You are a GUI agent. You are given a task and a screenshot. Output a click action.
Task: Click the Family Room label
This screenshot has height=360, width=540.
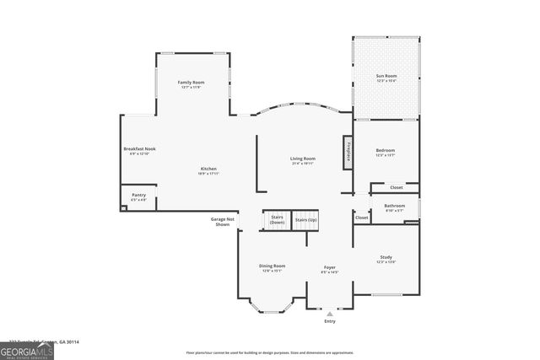[x=191, y=83]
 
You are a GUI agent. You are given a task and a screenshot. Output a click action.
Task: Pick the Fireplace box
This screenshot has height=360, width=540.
[x=347, y=151]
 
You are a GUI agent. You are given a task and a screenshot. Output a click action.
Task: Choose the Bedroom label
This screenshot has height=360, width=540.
[x=385, y=153]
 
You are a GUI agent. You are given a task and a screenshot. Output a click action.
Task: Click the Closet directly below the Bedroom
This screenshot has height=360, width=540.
[x=396, y=187]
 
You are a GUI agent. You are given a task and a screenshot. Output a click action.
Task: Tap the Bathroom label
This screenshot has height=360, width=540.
[x=394, y=207]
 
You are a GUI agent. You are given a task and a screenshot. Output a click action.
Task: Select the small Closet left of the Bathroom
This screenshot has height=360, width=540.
[x=361, y=218]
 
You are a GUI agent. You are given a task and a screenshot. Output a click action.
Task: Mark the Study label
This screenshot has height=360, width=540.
[x=386, y=259]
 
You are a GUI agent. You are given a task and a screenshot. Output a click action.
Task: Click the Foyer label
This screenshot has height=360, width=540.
[x=330, y=269]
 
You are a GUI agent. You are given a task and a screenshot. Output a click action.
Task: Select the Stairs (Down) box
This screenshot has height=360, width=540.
[x=277, y=220]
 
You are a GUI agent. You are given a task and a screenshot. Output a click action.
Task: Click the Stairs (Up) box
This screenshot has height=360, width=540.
[x=306, y=220]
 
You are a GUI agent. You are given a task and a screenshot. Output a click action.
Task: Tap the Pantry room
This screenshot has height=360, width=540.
[x=138, y=197]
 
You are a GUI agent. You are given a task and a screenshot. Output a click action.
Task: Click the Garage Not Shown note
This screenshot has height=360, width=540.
[x=222, y=222]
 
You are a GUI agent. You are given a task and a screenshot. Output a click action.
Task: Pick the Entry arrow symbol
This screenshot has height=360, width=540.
[x=330, y=314]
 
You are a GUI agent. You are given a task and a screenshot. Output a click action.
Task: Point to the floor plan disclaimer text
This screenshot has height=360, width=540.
[x=269, y=352]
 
